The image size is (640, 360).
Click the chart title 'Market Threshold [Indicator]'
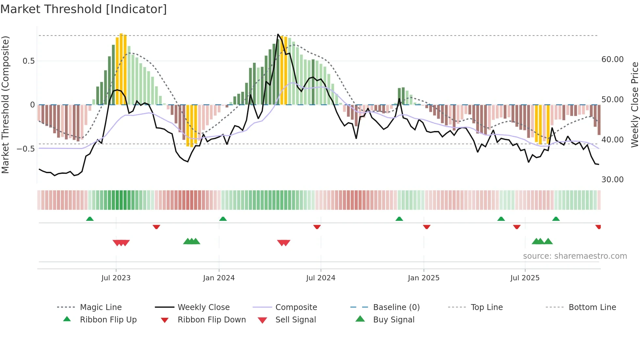click(84, 9)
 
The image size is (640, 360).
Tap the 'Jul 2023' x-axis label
click(116, 278)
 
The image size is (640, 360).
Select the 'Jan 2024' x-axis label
click(219, 278)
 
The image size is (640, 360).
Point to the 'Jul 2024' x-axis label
click(321, 278)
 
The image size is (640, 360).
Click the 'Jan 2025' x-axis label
click(424, 278)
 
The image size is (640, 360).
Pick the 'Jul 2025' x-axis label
click(525, 278)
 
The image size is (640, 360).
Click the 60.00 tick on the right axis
click(612, 59)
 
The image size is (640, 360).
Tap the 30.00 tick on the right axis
click(612, 180)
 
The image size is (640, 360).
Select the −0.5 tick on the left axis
click(26, 149)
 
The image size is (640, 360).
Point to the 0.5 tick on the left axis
click(29, 61)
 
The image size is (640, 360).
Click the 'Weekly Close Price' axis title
click(634, 105)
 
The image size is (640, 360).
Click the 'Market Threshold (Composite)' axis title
click(5, 105)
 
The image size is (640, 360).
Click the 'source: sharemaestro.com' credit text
click(575, 256)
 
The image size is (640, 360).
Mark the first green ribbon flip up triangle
click(90, 219)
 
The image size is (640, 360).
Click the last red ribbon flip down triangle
click(598, 227)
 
